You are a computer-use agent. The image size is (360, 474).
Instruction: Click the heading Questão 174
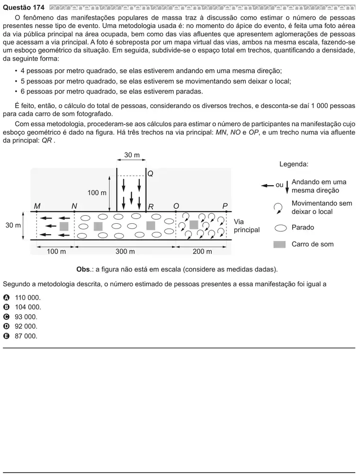[x=24, y=8]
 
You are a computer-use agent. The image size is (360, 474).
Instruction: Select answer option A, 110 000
[x=22, y=298]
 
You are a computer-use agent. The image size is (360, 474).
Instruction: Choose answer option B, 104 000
[x=22, y=307]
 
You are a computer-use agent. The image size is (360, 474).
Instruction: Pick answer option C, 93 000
[x=20, y=317]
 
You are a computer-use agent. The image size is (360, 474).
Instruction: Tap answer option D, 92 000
[x=20, y=327]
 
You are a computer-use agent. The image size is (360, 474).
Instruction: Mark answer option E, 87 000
[x=20, y=336]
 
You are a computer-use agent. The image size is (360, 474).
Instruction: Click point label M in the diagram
[x=37, y=206]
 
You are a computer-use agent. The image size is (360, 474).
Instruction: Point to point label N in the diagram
[x=74, y=206]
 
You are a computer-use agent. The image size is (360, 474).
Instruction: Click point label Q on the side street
[x=151, y=174]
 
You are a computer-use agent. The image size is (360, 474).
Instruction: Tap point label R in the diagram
[x=151, y=207]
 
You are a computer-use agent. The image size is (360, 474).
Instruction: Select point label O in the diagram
[x=176, y=206]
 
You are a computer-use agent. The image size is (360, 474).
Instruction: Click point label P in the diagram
[x=225, y=206]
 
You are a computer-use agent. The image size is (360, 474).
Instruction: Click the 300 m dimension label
[x=125, y=252]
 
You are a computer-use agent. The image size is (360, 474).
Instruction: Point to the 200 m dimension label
[x=202, y=252]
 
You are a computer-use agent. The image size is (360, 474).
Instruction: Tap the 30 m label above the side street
[x=132, y=155]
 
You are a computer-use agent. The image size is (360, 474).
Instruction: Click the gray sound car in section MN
[x=64, y=226]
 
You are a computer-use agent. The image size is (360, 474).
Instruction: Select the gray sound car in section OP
[x=194, y=225]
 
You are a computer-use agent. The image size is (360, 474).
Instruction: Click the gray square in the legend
[x=279, y=244]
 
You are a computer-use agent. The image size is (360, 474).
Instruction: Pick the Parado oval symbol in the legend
[x=280, y=228]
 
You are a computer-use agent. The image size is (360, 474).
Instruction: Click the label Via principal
[x=246, y=226]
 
